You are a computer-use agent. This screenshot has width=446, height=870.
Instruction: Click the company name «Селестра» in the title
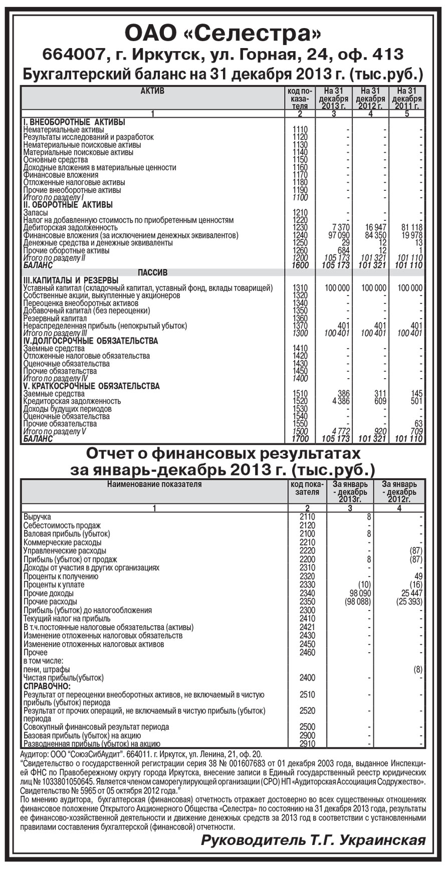256,34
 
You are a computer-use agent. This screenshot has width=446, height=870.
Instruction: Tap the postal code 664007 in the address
71,55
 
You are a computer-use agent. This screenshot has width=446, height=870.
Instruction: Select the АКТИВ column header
152,91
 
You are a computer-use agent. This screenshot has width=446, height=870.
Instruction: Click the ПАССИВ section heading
152,273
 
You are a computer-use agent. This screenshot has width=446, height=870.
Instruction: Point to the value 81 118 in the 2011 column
409,228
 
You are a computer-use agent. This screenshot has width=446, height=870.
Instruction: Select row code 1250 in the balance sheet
300,243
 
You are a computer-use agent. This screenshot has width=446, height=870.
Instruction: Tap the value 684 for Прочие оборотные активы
343,250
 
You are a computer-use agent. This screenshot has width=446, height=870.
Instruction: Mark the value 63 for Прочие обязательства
418,424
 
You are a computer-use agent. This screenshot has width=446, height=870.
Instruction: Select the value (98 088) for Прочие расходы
357,602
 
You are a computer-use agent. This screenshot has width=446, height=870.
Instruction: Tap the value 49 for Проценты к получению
418,576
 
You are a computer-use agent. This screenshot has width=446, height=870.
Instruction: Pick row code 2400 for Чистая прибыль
307,678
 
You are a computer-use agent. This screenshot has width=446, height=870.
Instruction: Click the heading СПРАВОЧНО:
47,686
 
